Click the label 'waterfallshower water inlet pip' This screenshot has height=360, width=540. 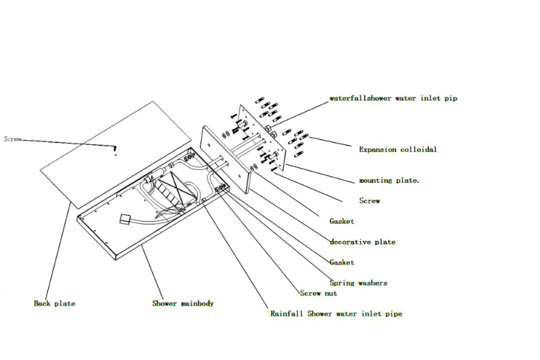(x=392, y=98)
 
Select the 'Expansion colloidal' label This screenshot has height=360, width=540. (x=397, y=150)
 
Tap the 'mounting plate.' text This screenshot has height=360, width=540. (x=389, y=181)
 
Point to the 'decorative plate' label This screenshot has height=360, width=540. (x=362, y=242)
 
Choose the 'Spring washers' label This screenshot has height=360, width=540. (x=358, y=283)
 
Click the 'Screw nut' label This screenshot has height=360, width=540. (x=318, y=293)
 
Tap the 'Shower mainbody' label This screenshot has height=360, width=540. (x=183, y=303)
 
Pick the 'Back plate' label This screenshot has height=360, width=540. (x=55, y=303)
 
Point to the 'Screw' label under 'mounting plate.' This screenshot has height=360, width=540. (x=369, y=201)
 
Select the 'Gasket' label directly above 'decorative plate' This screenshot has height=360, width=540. (x=341, y=222)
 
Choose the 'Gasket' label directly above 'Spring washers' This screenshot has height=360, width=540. (x=341, y=262)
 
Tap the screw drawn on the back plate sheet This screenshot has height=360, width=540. (x=115, y=151)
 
